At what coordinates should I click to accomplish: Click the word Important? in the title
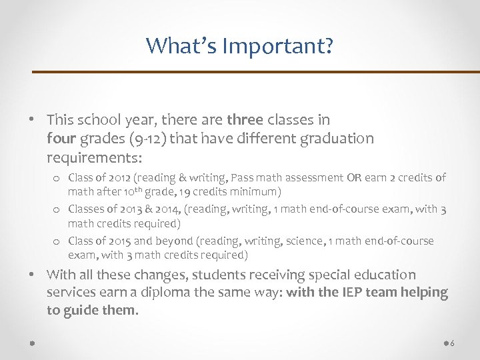coord(278,46)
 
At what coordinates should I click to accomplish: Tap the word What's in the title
coord(182,46)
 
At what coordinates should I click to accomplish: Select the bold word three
coord(245,120)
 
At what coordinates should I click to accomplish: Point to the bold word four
coord(61,139)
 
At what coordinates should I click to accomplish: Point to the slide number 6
coord(453,343)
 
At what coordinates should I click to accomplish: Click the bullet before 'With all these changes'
coord(32,275)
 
